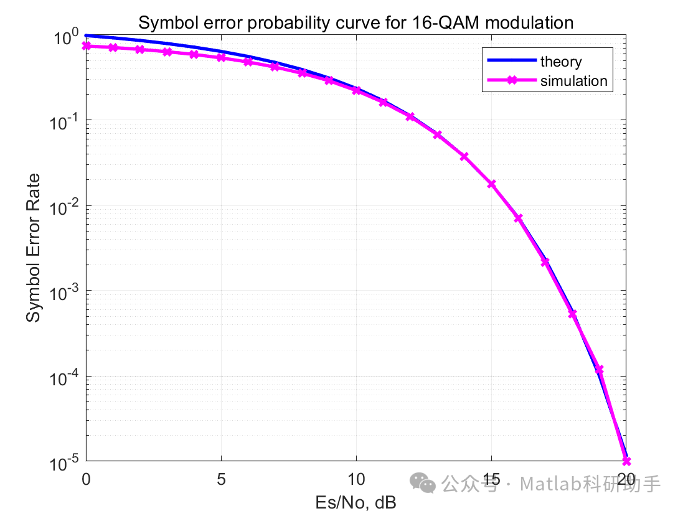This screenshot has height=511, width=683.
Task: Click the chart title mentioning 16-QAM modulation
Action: [x=356, y=23]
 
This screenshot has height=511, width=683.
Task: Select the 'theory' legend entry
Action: [x=560, y=62]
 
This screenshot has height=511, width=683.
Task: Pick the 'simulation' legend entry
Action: [x=573, y=81]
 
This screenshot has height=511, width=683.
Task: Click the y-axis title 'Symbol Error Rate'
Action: [x=34, y=248]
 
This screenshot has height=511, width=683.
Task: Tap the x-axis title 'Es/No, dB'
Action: [x=356, y=501]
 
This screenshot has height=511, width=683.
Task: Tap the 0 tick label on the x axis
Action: [x=86, y=479]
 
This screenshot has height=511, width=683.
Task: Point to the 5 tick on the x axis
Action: [x=220, y=479]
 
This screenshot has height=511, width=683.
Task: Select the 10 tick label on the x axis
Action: [x=356, y=479]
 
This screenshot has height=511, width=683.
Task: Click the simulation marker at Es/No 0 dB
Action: [x=86, y=46]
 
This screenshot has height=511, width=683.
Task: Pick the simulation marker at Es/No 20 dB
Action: [x=626, y=461]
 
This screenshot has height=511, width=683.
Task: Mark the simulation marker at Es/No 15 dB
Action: [x=491, y=184]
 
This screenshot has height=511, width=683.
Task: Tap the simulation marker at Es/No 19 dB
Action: [x=599, y=370]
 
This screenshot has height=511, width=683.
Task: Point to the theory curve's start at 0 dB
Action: [x=87, y=35]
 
